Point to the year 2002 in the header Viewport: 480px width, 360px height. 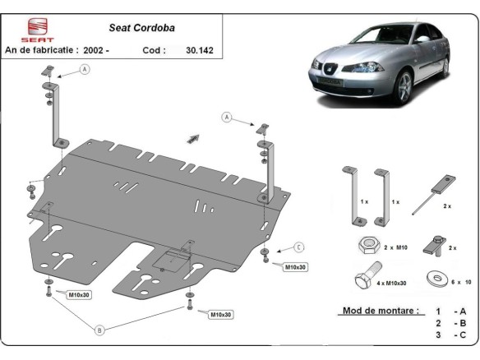[96, 49]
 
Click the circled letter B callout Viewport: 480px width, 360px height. [99, 330]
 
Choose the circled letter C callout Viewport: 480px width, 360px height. [299, 247]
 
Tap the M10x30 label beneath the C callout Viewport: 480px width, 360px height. [295, 267]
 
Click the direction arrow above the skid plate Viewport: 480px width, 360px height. [194, 138]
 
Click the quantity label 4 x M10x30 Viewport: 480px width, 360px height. [393, 283]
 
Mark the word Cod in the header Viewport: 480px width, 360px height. [155, 49]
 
